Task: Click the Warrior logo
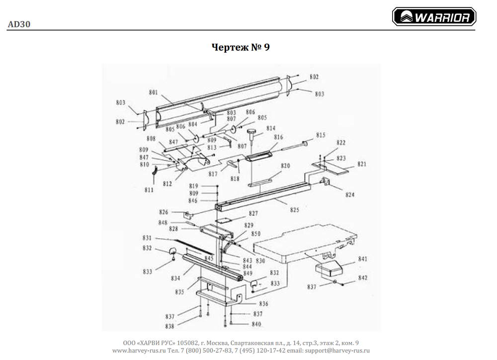(434, 17)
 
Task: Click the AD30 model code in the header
(19, 24)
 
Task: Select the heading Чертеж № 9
(241, 48)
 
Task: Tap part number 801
(153, 92)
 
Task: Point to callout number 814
(270, 128)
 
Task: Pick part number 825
(295, 210)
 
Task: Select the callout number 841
(362, 259)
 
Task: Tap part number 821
(361, 164)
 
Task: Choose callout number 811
(149, 190)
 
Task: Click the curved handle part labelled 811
(155, 173)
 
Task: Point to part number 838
(170, 326)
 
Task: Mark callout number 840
(256, 324)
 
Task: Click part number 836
(263, 304)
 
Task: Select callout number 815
(320, 135)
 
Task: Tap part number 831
(147, 238)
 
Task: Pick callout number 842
(363, 278)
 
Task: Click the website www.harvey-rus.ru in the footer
(139, 350)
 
